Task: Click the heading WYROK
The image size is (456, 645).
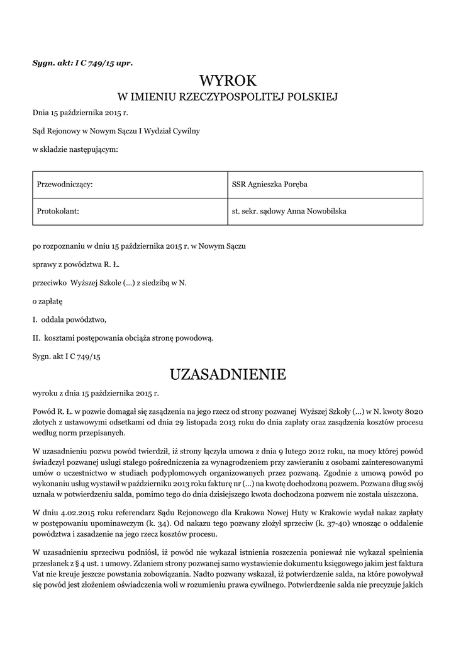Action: (x=228, y=81)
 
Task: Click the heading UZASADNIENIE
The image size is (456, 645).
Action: (x=228, y=375)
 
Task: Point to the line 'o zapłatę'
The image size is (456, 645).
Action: (x=48, y=302)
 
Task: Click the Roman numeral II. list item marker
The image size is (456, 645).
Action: (x=36, y=338)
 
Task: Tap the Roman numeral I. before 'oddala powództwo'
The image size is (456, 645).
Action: (x=35, y=319)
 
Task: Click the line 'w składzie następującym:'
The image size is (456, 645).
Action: (x=75, y=149)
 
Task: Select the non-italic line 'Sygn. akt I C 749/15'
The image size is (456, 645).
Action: (x=67, y=356)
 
